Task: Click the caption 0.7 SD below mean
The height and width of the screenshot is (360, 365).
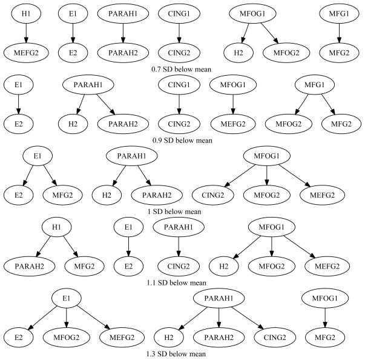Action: pyautogui.click(x=182, y=70)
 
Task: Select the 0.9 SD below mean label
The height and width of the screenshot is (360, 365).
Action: pyautogui.click(x=182, y=141)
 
